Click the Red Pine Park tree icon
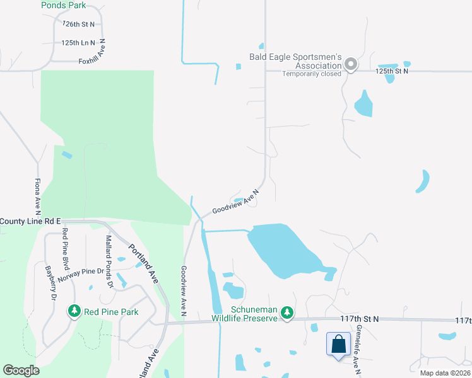tap(74, 311)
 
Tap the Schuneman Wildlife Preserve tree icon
tap(287, 312)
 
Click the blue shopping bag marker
tap(339, 345)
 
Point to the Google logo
tap(21, 370)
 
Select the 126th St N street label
tap(79, 24)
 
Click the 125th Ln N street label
tap(78, 43)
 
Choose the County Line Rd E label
tap(30, 221)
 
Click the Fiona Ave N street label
tap(37, 196)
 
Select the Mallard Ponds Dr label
tap(109, 261)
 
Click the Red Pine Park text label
tap(111, 312)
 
